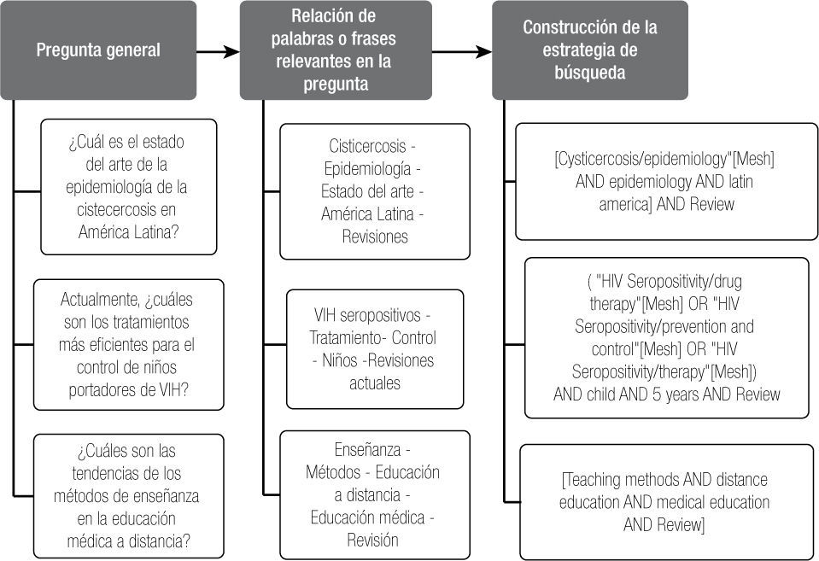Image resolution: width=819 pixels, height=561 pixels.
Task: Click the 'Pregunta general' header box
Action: (x=98, y=50)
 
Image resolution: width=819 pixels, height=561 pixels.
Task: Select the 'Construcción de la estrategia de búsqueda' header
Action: (x=589, y=50)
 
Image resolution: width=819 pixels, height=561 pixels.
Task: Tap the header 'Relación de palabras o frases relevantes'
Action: (x=335, y=50)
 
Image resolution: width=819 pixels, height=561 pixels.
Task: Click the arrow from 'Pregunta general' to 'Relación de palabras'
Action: (x=218, y=52)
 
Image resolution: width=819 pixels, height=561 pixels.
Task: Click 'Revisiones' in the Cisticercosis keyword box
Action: (x=375, y=237)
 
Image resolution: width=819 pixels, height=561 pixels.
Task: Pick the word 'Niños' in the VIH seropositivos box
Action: (x=337, y=360)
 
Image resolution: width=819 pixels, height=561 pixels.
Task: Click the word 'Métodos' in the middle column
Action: (x=334, y=472)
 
